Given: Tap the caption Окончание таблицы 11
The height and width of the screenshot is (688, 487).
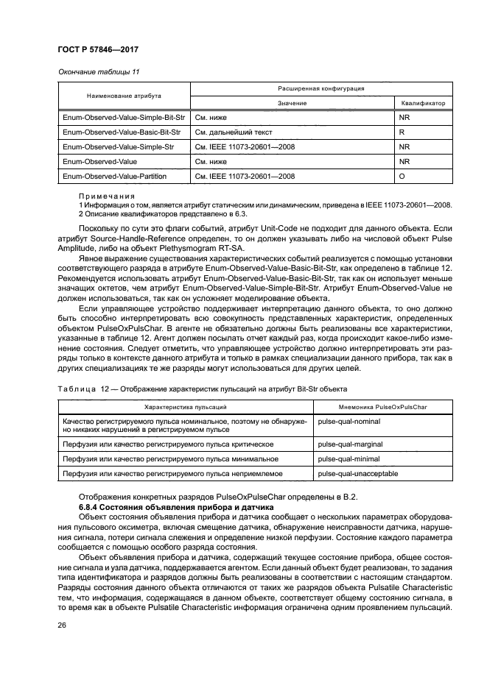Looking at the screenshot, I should click(97, 72).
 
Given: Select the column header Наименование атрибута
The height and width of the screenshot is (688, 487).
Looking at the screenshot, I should click(123, 96).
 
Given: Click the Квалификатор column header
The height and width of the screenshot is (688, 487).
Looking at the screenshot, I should click(423, 103).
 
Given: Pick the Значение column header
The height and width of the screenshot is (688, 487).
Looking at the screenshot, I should click(292, 103).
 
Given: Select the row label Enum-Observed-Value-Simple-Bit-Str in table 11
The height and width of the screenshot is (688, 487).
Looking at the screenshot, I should click(122, 117).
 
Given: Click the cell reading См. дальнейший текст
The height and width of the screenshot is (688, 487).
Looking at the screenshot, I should click(233, 132).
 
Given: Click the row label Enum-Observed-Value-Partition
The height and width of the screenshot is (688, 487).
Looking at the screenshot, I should click(114, 177).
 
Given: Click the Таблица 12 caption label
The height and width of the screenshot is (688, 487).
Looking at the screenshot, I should click(78, 387).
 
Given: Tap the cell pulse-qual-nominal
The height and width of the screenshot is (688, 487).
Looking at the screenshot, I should click(344, 421).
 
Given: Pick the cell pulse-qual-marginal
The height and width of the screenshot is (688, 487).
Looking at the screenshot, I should click(345, 444).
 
